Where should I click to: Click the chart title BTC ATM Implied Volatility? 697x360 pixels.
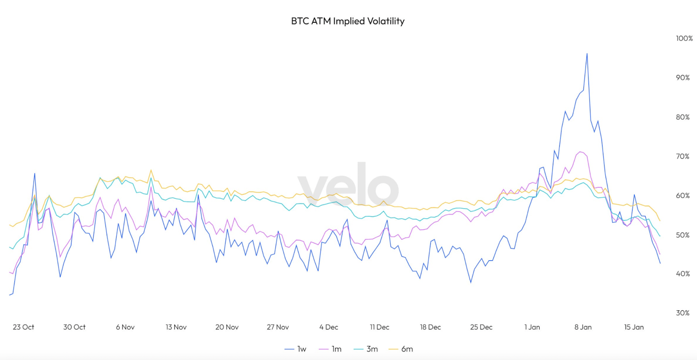(348, 21)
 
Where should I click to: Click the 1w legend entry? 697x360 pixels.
(296, 349)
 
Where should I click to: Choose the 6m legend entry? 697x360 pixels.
(401, 349)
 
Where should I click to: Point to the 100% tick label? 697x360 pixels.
(684, 38)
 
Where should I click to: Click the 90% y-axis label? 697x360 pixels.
(683, 78)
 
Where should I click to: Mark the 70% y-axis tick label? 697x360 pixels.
(683, 156)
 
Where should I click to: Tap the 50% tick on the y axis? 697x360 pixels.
(683, 235)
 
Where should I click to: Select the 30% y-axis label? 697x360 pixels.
(683, 313)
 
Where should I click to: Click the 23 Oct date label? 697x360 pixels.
(24, 327)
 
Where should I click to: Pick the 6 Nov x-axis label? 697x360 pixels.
(125, 327)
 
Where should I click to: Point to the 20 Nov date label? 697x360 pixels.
(227, 327)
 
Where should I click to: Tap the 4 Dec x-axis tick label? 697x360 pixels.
(328, 327)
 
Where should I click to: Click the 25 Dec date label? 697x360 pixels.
(481, 327)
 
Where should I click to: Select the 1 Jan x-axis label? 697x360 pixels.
(532, 327)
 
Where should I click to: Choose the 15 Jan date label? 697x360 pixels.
(634, 327)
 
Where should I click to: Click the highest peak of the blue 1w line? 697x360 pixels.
(587, 54)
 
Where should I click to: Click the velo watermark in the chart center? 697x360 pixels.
(348, 185)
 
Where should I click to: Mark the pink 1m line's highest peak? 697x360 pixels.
(580, 152)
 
